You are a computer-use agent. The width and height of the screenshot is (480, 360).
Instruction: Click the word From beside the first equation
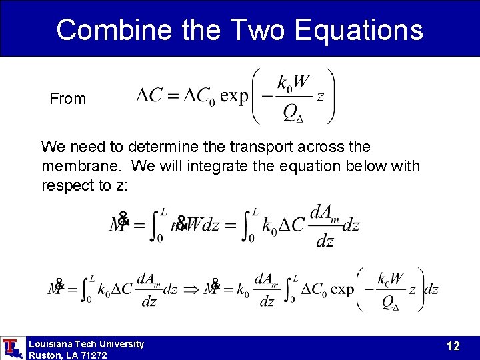tap(68, 99)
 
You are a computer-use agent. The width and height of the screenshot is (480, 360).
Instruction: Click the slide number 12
tap(453, 346)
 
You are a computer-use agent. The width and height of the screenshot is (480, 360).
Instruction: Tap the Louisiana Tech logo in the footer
tap(11, 348)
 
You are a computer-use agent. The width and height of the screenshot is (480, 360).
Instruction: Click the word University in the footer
tap(119, 344)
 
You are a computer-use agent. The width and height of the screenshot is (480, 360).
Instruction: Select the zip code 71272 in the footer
tap(92, 355)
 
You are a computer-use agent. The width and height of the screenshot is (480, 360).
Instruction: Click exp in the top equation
tap(233, 96)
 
